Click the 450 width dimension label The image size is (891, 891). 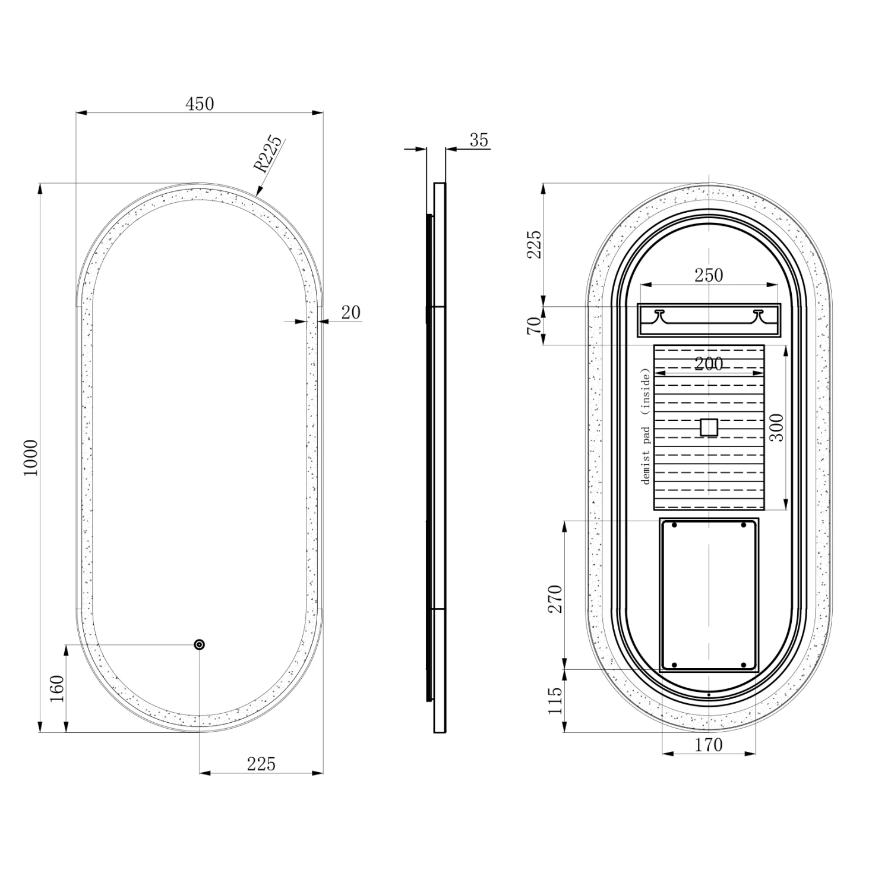coord(200,104)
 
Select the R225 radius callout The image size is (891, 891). coord(268,153)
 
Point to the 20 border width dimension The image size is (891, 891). coord(350,313)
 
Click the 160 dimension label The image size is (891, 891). coord(57,688)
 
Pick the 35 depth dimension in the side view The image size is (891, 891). coord(478,140)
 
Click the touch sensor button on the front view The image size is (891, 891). coord(199,644)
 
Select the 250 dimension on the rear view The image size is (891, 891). coord(709,275)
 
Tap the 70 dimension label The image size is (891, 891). coord(534,325)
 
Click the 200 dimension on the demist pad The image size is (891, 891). coord(709,363)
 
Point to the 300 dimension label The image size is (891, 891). coord(777,427)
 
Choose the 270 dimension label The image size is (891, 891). coord(555,599)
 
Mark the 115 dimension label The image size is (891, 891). coord(555,701)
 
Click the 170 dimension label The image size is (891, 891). coord(709,744)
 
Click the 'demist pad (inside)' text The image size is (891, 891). coord(646,426)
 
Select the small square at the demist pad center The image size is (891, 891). coord(709,427)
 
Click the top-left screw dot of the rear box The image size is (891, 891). coord(674,525)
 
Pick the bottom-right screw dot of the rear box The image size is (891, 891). coord(743,665)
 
